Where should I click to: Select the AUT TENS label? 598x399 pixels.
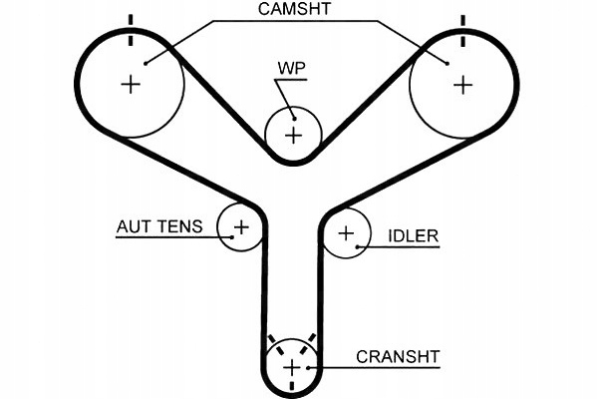159,227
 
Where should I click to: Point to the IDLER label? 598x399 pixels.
413,236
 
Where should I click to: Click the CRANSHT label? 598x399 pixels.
398,355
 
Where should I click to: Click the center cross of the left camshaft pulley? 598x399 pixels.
130,84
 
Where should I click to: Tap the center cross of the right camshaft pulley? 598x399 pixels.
461,84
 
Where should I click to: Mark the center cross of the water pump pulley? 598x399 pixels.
293,134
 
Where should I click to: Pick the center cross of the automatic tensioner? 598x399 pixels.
240,227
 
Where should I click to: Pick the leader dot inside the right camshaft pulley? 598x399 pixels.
447,63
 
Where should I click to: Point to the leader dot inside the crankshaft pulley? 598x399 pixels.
311,368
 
